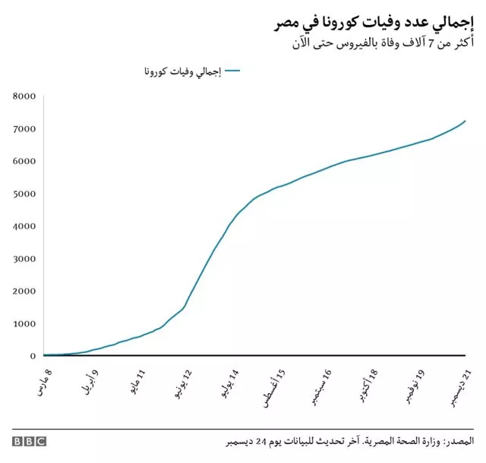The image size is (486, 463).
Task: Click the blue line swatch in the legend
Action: tap(233, 71)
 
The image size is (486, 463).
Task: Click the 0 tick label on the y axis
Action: tap(33, 356)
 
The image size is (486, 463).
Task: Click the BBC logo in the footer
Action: tap(29, 441)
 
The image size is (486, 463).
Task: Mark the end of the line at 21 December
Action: tap(465, 121)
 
